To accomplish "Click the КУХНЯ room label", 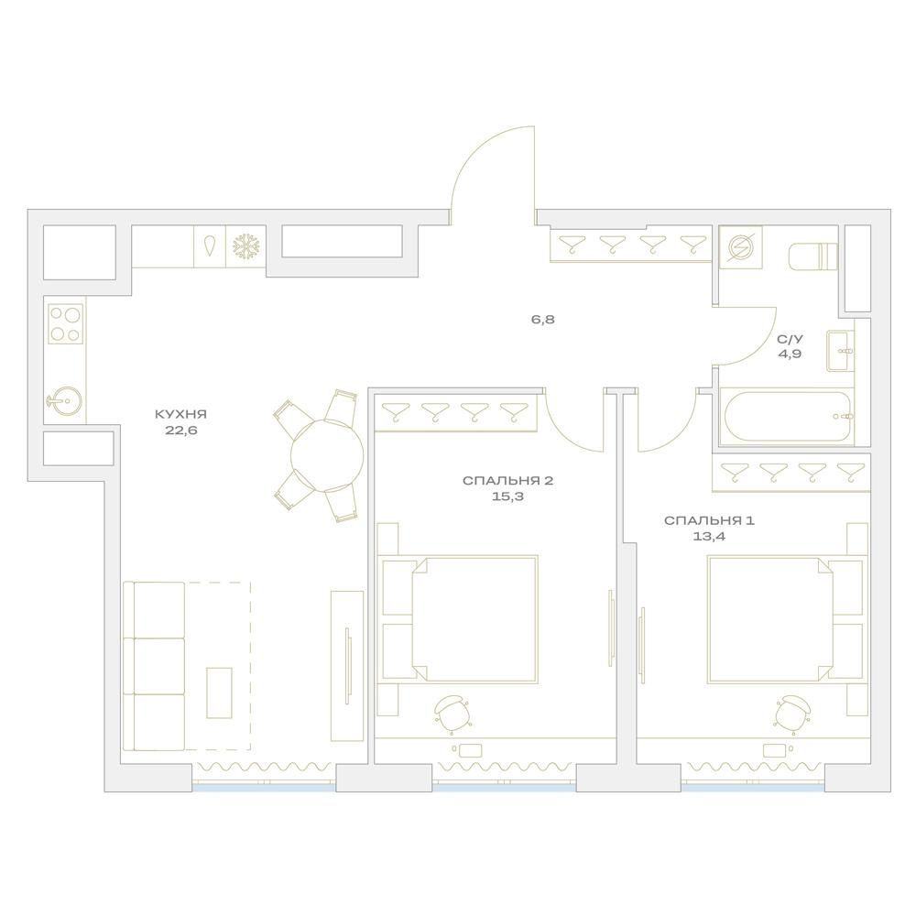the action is tap(180, 415).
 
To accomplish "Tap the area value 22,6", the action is tap(180, 431).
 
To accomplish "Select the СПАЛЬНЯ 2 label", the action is tap(507, 481).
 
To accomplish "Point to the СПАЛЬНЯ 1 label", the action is tap(709, 520).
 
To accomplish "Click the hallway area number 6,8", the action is tap(542, 320).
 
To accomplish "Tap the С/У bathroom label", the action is tap(790, 339).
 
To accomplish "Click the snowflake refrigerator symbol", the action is tap(245, 247).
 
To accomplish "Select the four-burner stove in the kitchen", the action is tap(65, 323).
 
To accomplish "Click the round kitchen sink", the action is tap(65, 401).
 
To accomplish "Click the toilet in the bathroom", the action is tap(813, 256).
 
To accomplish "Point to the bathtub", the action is tap(787, 417).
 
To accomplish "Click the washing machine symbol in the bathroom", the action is tap(741, 247).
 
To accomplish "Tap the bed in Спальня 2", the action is tap(459, 619).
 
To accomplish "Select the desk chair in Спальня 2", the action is tap(453, 714).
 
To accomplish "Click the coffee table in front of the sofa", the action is tap(219, 692).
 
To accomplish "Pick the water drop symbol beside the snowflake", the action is tap(209, 245).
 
